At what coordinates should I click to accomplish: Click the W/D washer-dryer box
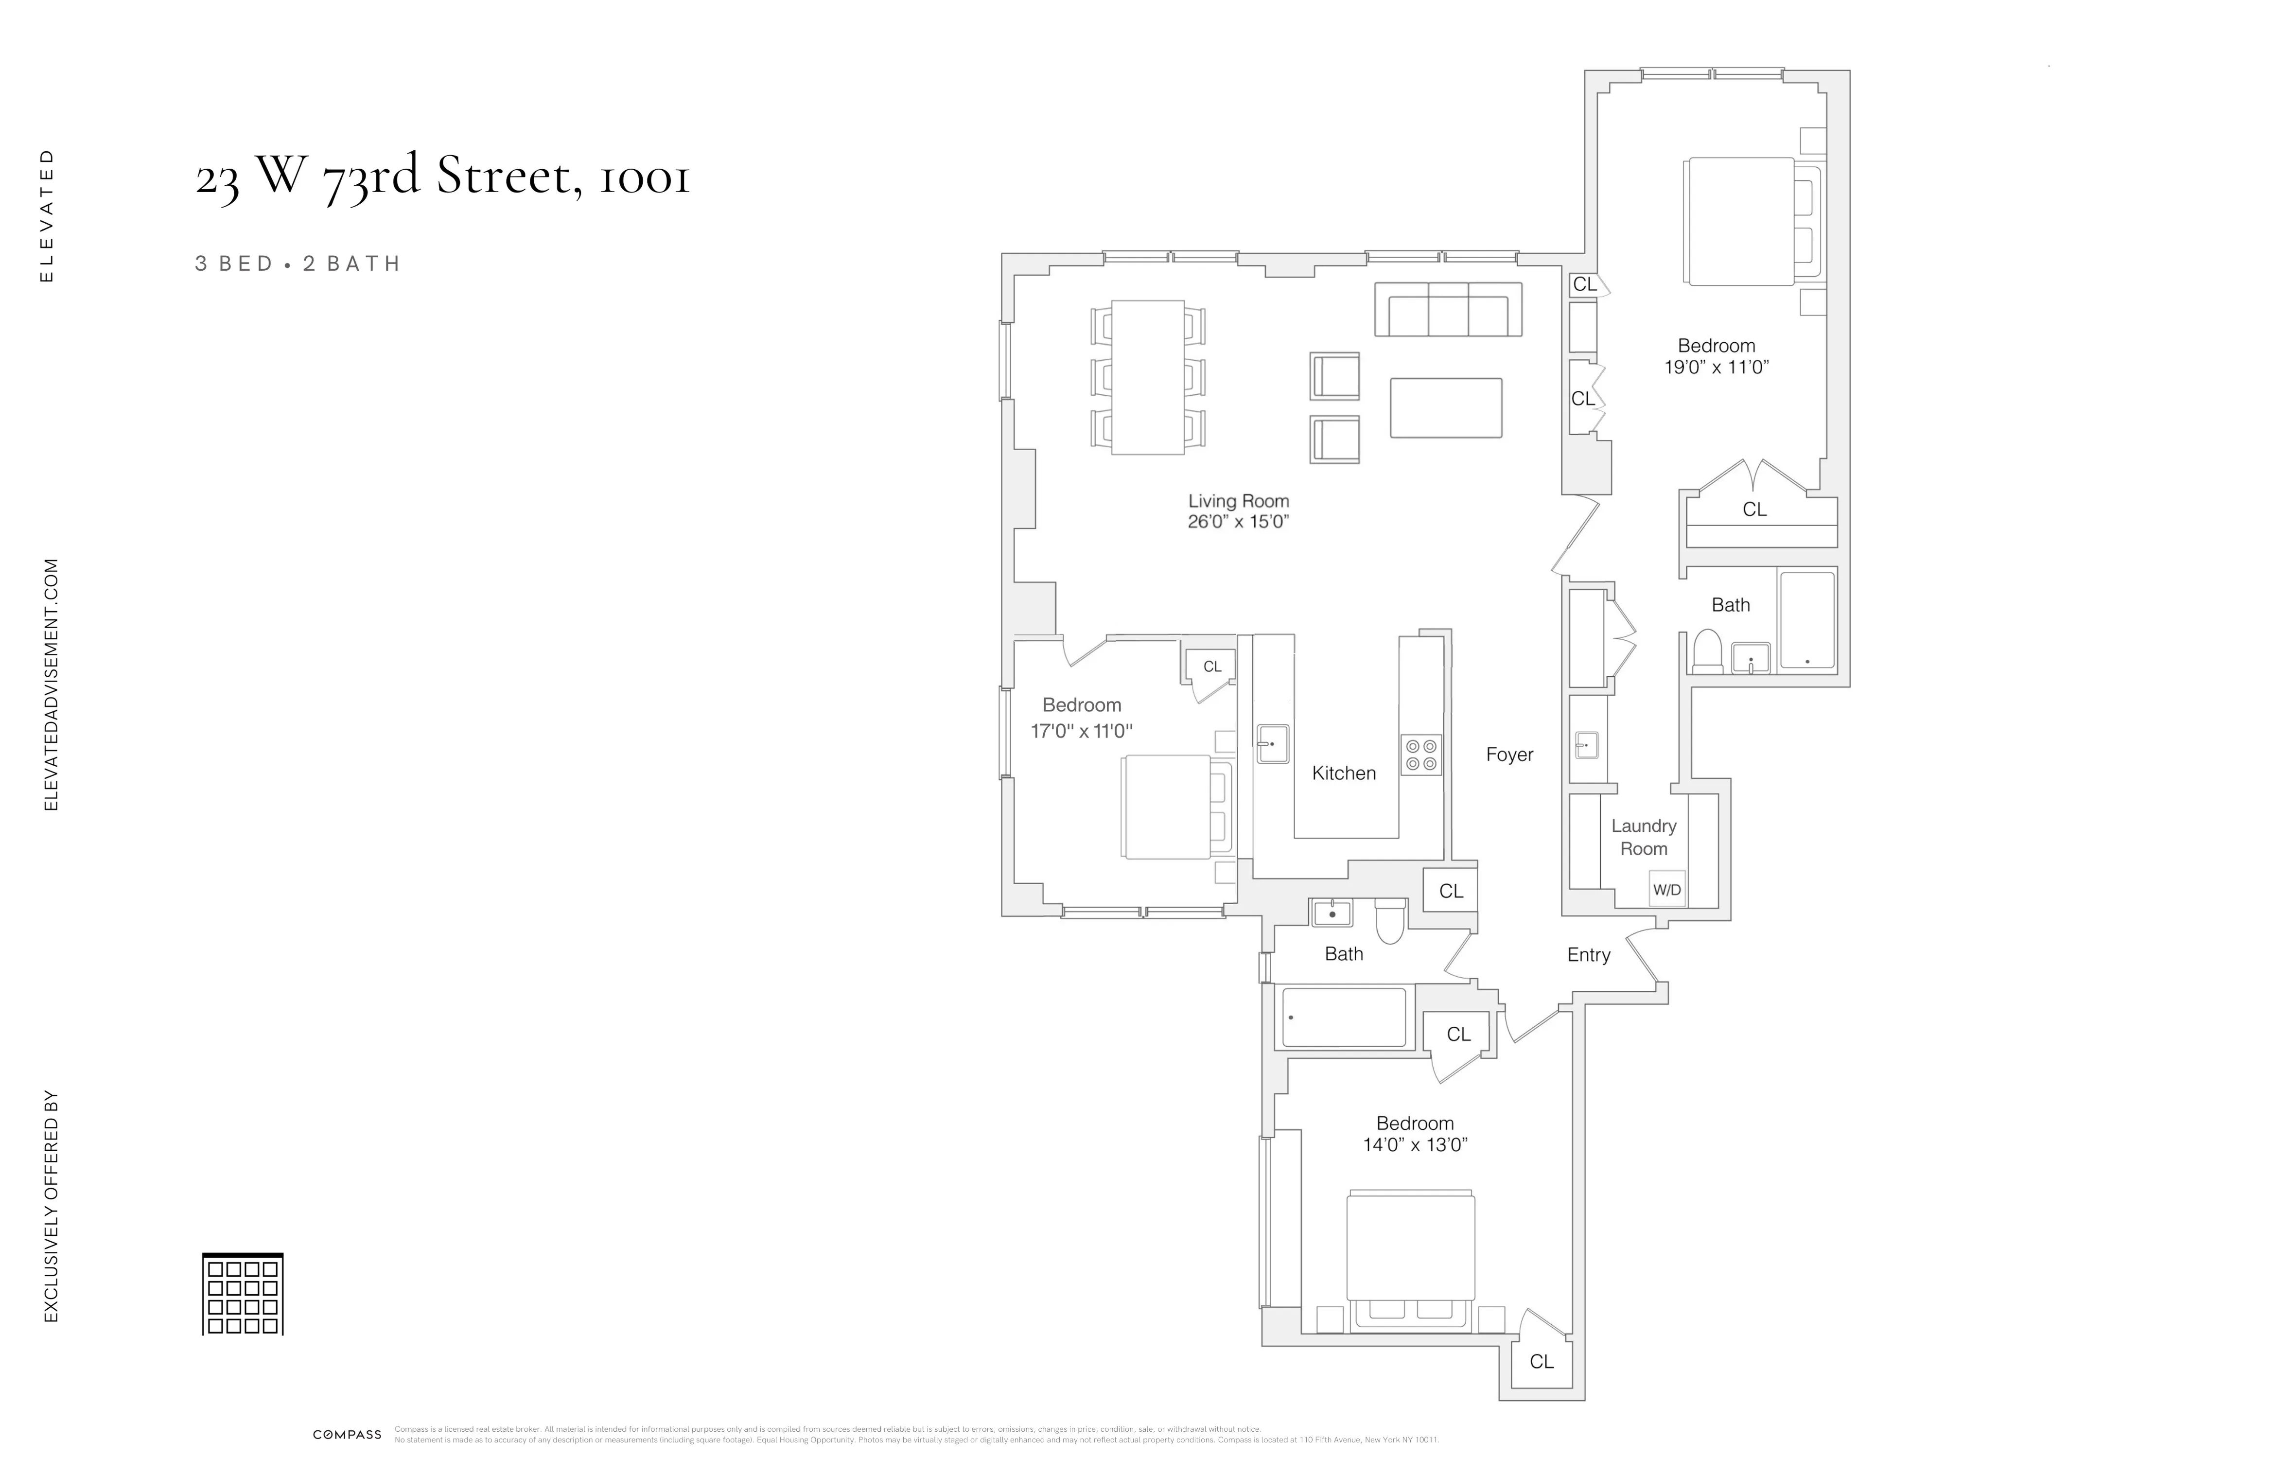click(1666, 889)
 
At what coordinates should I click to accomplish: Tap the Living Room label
click(1239, 501)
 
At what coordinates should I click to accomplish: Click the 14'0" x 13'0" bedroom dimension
click(1415, 1145)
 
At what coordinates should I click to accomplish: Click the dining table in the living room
click(1148, 377)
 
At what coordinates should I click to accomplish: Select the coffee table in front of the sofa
click(1445, 408)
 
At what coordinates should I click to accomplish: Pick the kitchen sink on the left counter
click(1272, 744)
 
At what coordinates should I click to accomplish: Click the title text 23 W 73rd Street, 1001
click(442, 177)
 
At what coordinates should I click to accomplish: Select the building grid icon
click(243, 1294)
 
